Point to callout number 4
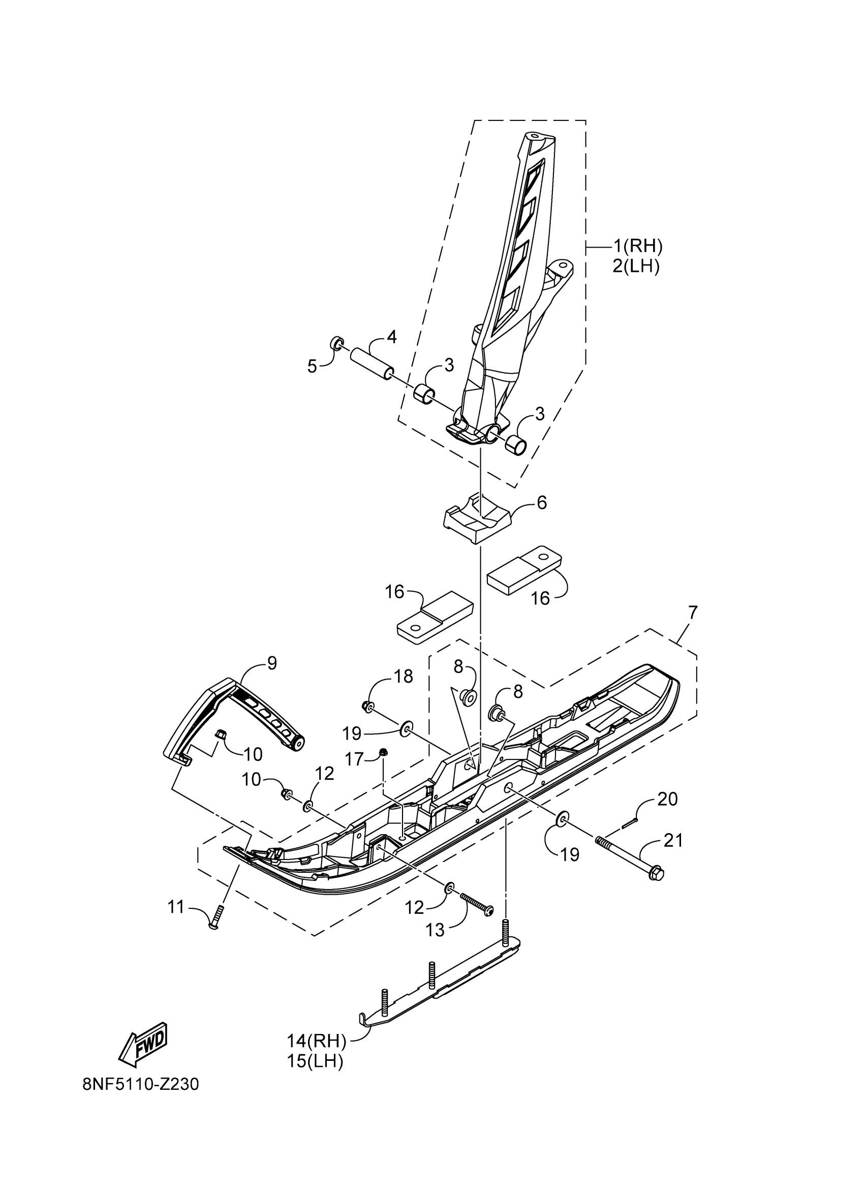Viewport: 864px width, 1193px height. click(391, 337)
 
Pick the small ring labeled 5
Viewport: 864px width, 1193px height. click(336, 345)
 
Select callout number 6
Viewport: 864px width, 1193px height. click(541, 502)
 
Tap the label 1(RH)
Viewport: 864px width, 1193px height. click(637, 245)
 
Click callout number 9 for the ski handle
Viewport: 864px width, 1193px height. click(271, 663)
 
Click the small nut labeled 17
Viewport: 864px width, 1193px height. click(384, 753)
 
